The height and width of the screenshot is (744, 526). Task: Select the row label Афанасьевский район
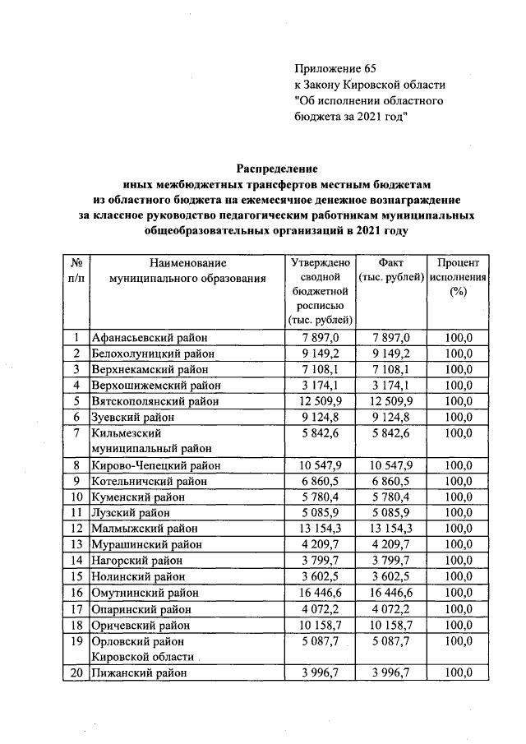tap(150, 338)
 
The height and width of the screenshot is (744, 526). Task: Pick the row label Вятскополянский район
tap(155, 401)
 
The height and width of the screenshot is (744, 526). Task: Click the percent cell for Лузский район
tap(458, 513)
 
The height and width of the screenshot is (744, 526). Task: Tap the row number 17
tap(76, 609)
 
